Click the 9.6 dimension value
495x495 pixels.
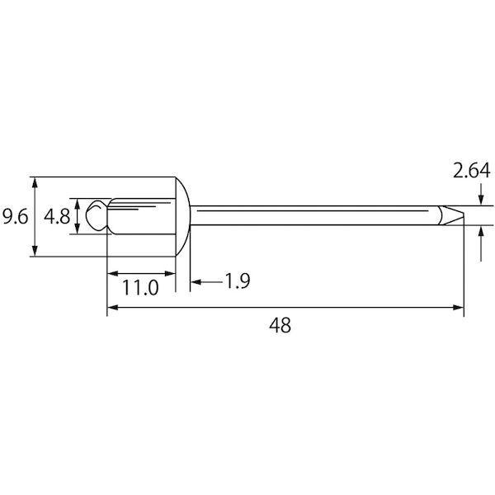click(15, 216)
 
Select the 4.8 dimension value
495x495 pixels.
click(56, 216)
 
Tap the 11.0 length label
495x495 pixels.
click(140, 288)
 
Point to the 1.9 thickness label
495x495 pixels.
click(238, 281)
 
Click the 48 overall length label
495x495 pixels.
click(280, 325)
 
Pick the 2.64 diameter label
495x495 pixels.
click(472, 171)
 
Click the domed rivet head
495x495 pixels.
click(183, 216)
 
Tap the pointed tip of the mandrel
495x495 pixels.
click(464, 215)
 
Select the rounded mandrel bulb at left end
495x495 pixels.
click(94, 215)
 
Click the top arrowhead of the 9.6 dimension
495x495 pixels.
click(35, 182)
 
